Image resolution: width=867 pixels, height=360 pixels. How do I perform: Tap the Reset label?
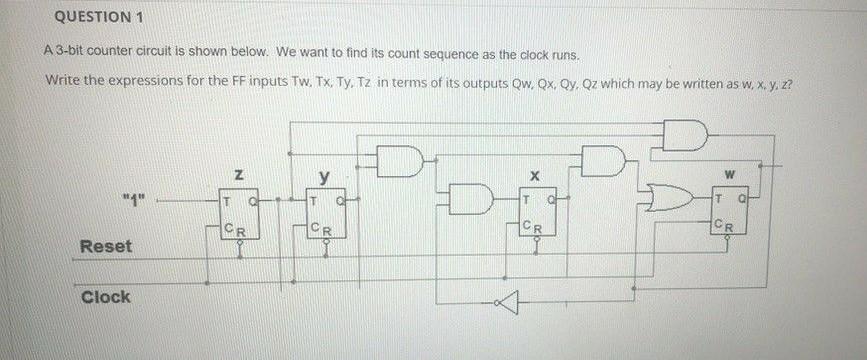105,246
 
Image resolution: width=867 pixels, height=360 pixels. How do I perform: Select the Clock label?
105,297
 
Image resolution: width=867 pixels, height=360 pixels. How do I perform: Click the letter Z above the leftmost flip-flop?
238,175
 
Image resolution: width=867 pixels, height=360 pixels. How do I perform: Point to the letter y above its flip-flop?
324,177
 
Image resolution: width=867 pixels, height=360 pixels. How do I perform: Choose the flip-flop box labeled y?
325,211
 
